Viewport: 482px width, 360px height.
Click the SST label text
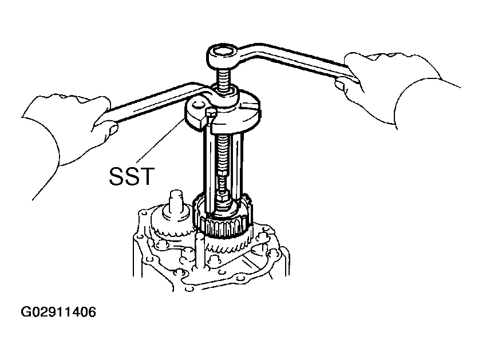coord(132,176)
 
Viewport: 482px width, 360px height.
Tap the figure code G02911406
coord(58,312)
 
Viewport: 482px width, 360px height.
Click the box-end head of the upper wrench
coord(223,56)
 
